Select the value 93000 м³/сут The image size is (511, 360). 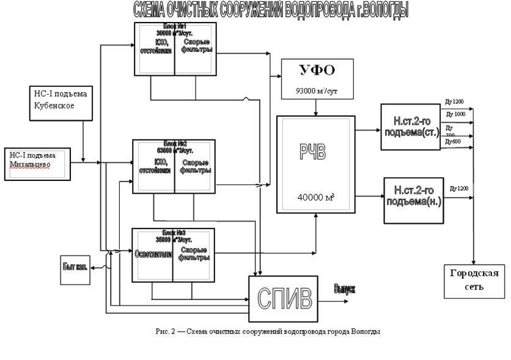pos(317,92)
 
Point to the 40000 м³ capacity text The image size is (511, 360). pos(315,197)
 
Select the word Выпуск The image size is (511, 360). pos(344,288)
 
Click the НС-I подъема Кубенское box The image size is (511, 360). pos(62,102)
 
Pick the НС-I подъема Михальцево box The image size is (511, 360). pos(37,164)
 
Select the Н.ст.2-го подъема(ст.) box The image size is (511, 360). pos(410,127)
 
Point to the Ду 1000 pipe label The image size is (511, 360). pos(456,114)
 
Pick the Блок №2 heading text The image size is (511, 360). pos(174,143)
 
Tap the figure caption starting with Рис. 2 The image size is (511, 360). pos(268,331)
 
